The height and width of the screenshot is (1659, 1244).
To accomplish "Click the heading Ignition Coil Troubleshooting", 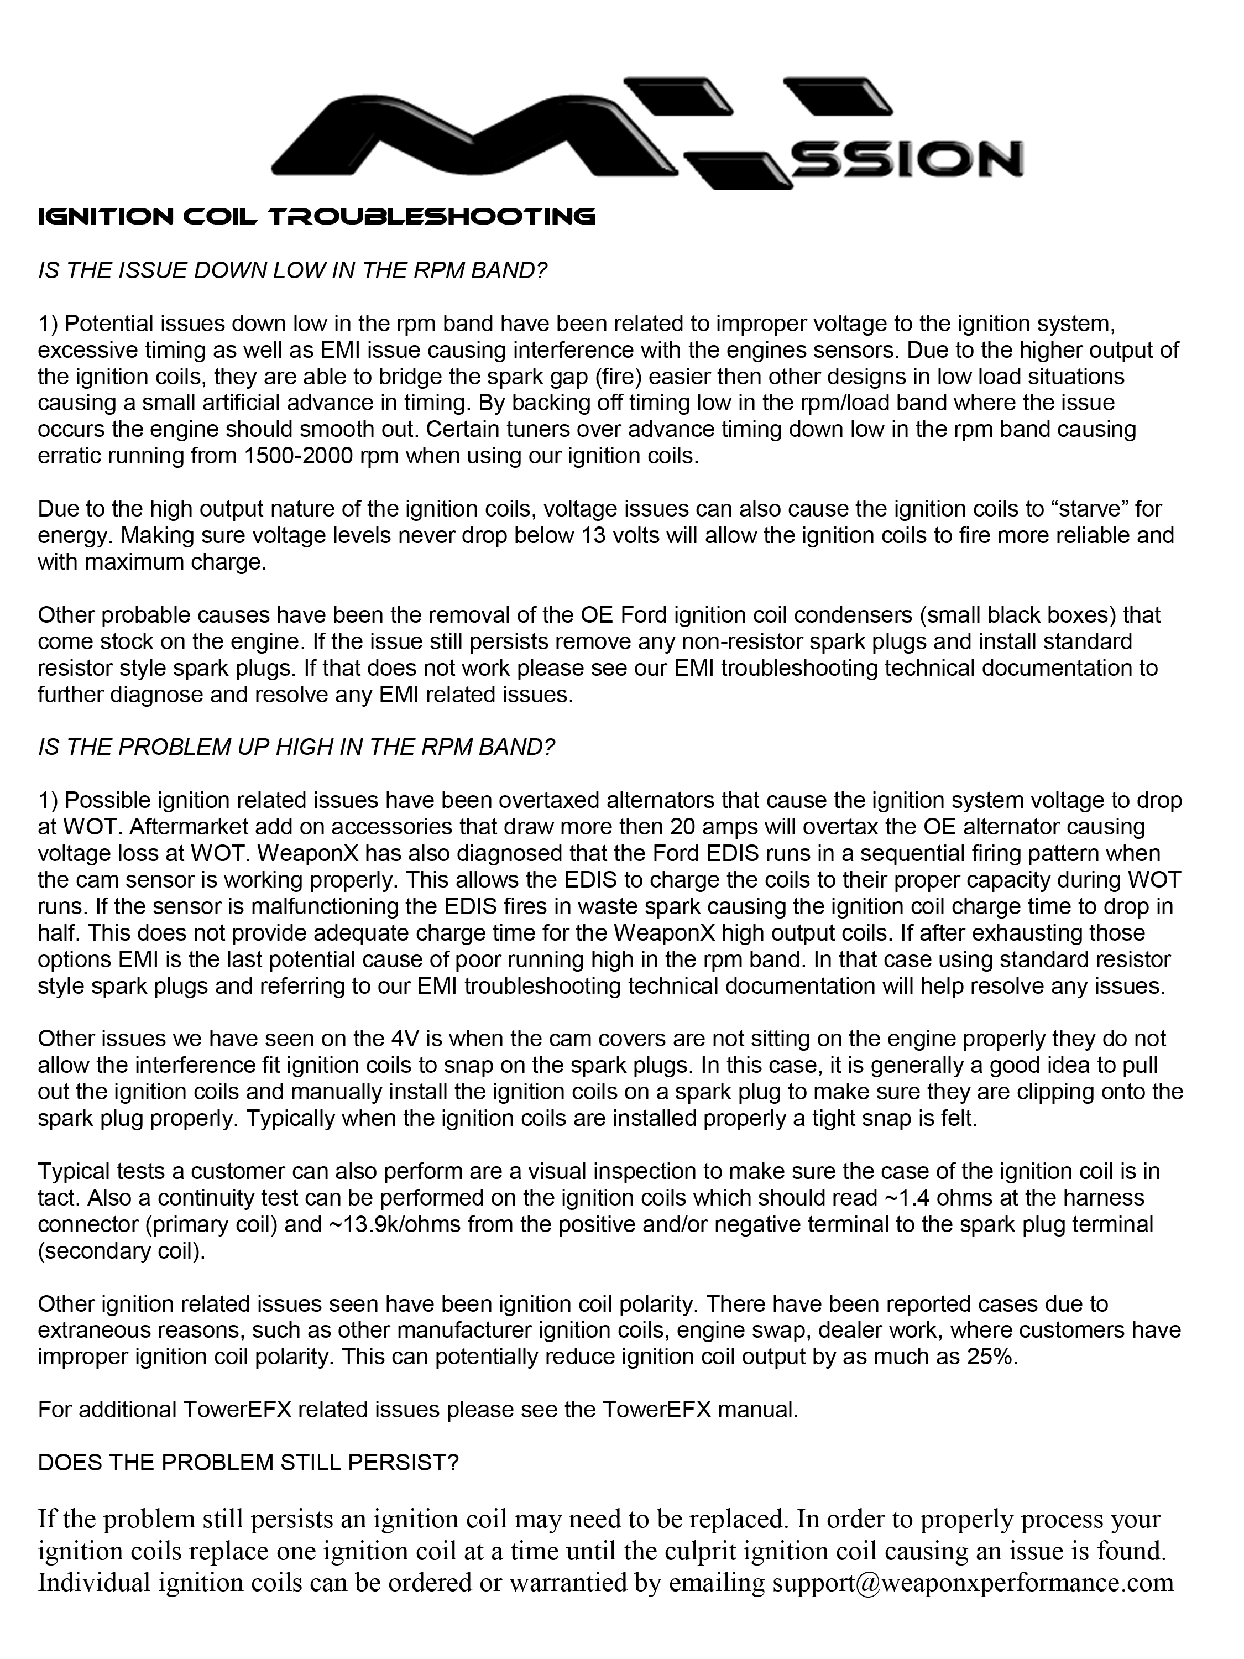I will [x=316, y=217].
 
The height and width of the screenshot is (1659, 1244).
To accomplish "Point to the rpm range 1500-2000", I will [x=299, y=456].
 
